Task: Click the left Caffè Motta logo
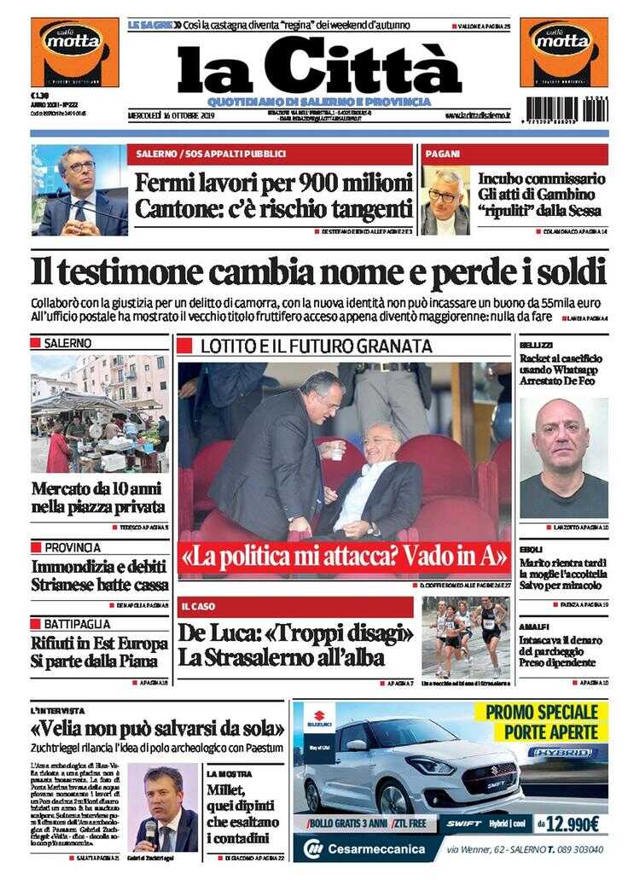tap(75, 52)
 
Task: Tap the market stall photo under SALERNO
tap(99, 413)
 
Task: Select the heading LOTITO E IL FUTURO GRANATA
tap(316, 347)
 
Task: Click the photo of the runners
tap(466, 637)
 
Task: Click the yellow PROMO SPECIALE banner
tap(546, 721)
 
